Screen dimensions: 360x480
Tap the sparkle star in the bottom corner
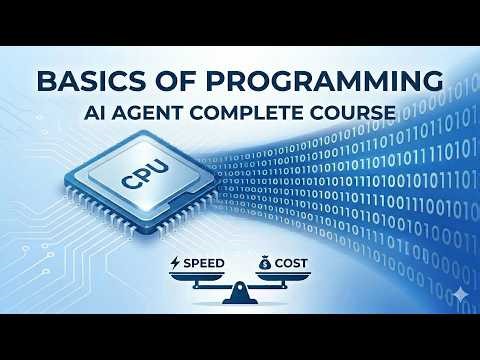pos(458,296)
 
